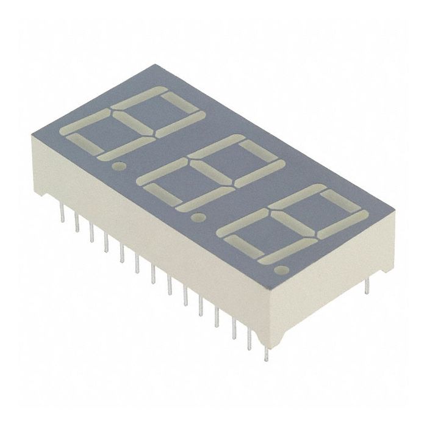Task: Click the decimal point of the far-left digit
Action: [120, 165]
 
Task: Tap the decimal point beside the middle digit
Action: [197, 216]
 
